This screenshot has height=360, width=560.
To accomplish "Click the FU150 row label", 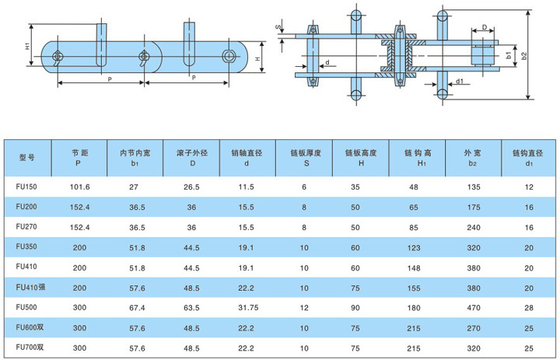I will [26, 187].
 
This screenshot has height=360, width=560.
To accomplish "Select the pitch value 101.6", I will [80, 187].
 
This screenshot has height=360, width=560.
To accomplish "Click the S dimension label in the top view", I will [278, 27].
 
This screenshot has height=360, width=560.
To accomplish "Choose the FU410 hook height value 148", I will [415, 266].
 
